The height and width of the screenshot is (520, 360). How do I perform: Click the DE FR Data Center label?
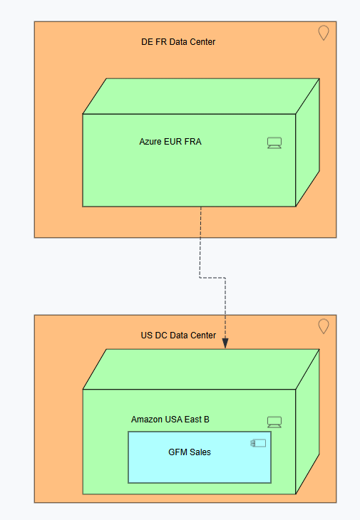pyautogui.click(x=178, y=42)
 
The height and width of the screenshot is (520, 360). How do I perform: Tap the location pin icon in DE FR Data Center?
pyautogui.click(x=324, y=33)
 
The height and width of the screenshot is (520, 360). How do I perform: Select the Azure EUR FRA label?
pyautogui.click(x=170, y=142)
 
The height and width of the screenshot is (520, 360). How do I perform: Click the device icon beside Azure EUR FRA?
pyautogui.click(x=274, y=143)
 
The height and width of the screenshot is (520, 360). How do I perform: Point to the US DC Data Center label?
pyautogui.click(x=178, y=336)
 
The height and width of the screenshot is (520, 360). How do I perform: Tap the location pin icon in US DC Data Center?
pyautogui.click(x=324, y=326)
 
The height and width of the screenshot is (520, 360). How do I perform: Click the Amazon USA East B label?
pyautogui.click(x=170, y=420)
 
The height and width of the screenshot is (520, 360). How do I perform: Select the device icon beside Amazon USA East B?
pyautogui.click(x=274, y=422)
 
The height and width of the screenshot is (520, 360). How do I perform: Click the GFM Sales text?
pyautogui.click(x=190, y=452)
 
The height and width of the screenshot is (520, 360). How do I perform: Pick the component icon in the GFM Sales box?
pyautogui.click(x=258, y=443)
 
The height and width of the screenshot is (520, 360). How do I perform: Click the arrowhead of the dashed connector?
pyautogui.click(x=225, y=343)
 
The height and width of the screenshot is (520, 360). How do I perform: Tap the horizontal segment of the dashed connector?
pyautogui.click(x=212, y=278)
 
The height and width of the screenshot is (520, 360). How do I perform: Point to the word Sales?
pyautogui.click(x=200, y=452)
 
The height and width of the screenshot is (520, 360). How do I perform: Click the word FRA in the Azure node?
pyautogui.click(x=192, y=142)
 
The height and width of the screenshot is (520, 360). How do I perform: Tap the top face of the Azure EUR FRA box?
pyautogui.click(x=201, y=96)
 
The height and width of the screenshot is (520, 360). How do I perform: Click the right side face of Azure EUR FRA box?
pyautogui.click(x=307, y=142)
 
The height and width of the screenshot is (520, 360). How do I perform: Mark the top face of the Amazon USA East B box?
pyautogui.click(x=201, y=369)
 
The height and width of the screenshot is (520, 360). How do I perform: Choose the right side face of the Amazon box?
pyautogui.click(x=307, y=422)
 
